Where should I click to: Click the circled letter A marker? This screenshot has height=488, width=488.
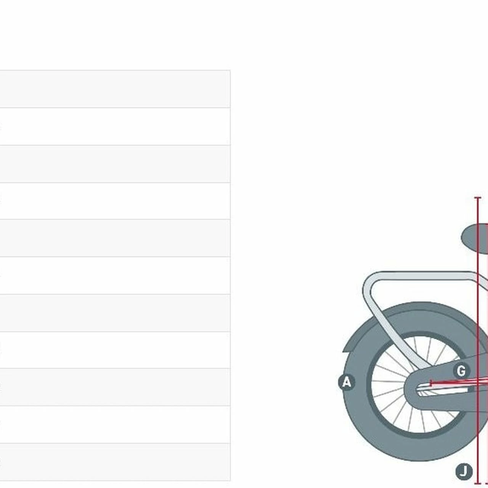pos(347,382)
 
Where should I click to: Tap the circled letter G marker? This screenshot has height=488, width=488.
pos(461,371)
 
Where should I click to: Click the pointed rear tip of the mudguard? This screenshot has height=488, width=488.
pos(344,352)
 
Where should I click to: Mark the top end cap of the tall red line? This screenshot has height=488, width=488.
pos(478,197)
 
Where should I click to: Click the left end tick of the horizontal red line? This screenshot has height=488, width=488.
pos(431,383)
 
